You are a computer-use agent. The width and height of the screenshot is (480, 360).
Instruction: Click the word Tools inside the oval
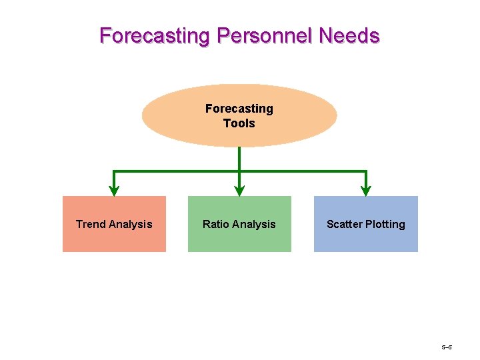239,123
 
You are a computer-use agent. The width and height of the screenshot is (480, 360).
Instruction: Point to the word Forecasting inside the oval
239,109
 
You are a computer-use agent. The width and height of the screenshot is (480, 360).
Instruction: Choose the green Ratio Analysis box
239,241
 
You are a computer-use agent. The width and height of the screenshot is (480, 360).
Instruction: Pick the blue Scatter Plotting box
366,241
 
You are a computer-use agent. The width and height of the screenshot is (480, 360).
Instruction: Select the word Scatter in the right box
344,225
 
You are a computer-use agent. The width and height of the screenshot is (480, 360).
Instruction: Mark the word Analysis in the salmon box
130,225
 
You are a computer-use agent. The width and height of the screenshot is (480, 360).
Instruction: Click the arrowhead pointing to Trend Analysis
114,191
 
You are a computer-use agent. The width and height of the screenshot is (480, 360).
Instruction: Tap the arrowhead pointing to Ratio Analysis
239,191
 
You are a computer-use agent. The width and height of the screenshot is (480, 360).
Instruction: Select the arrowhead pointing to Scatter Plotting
366,191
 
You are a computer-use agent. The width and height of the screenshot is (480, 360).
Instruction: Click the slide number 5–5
447,348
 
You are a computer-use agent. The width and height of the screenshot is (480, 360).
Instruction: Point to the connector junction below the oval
239,172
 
